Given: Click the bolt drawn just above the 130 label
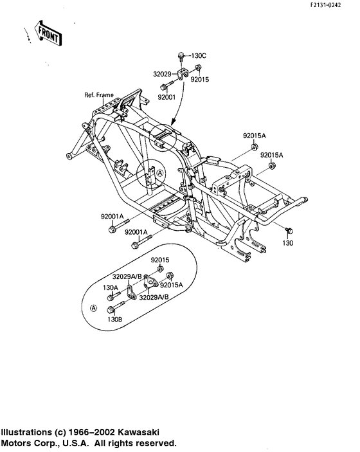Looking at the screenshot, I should (287, 230).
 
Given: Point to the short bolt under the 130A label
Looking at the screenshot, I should (114, 297).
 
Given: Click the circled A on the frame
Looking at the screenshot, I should (160, 173).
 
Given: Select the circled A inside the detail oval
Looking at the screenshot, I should (94, 308).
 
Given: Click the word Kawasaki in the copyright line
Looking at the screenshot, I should (138, 433).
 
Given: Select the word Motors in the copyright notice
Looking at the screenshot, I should (15, 443).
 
